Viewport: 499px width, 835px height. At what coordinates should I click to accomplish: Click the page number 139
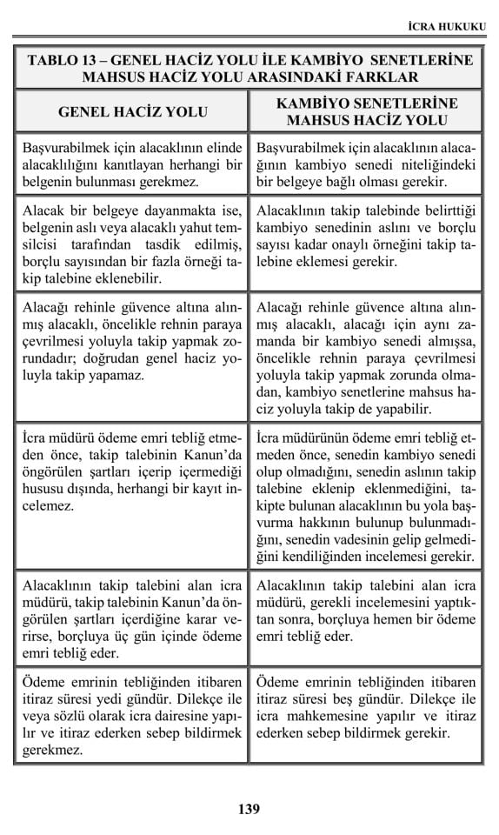click(249, 809)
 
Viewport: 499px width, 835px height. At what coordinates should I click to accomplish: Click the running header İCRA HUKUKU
click(446, 27)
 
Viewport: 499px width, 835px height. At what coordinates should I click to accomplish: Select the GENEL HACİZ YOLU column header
click(132, 111)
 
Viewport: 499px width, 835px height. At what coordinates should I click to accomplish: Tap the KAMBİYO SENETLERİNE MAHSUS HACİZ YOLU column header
click(366, 111)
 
